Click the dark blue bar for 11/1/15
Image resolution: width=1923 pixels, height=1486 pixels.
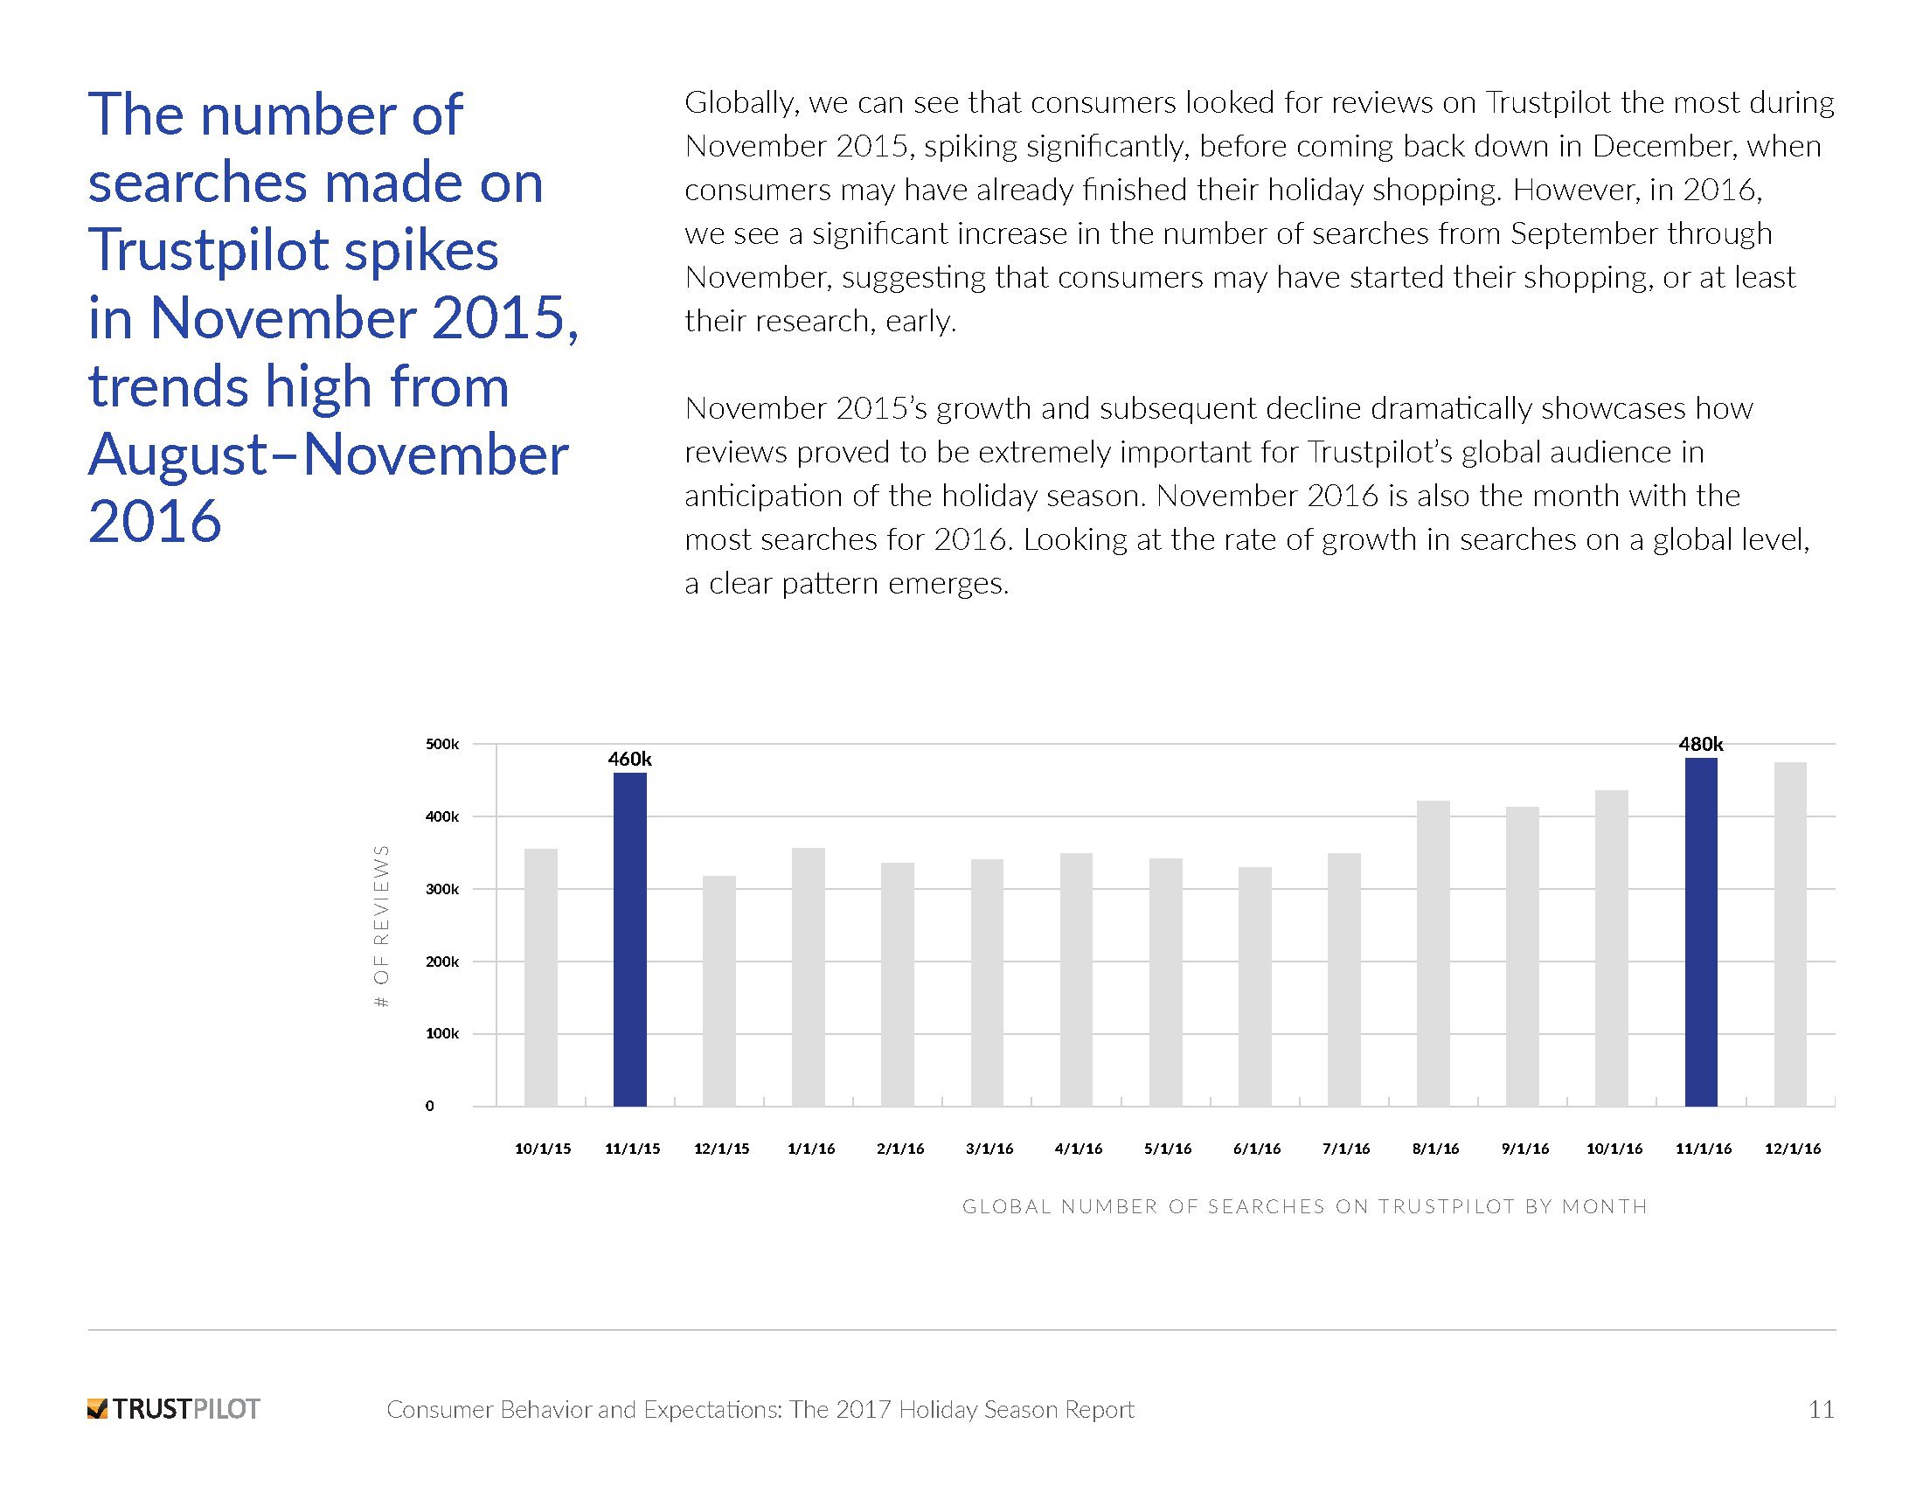[629, 939]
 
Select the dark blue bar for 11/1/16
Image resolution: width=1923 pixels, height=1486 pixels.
[1700, 932]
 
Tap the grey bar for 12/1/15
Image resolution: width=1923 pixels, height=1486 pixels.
[719, 990]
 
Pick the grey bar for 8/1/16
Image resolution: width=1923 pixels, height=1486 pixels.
[1433, 953]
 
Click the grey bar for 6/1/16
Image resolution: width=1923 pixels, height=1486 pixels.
[1253, 986]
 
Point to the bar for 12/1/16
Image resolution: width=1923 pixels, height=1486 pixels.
[1790, 934]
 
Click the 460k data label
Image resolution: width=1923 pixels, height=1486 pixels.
[629, 759]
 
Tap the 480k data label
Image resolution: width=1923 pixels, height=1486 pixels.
[1700, 744]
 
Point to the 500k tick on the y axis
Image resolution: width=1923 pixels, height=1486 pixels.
[442, 745]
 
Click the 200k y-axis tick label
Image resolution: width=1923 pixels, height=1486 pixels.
[442, 962]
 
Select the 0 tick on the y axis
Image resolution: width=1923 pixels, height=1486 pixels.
[430, 1106]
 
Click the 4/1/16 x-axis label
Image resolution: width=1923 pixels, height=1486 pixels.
[1078, 1149]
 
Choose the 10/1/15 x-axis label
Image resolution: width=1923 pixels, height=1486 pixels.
[543, 1149]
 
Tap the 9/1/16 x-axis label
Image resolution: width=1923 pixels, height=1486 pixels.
[1524, 1149]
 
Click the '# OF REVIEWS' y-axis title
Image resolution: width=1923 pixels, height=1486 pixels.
[381, 926]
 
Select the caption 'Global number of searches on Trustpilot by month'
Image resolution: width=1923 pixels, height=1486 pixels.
[1304, 1206]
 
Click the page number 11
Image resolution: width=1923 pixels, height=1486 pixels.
[1821, 1409]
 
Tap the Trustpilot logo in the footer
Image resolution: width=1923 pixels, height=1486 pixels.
[174, 1409]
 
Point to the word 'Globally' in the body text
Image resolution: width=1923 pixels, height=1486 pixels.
[740, 104]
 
